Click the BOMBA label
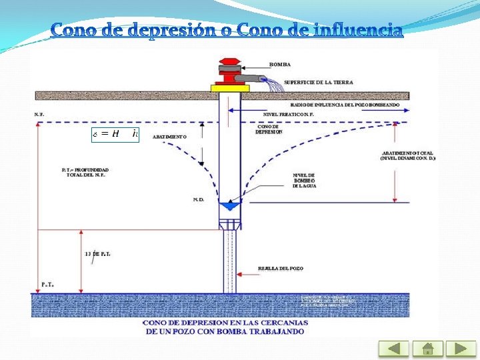point(279,64)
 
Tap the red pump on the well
point(230,73)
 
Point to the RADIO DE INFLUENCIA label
point(345,105)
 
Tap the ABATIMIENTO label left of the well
point(169,136)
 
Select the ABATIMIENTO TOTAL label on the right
point(407,155)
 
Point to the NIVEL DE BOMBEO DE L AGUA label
point(303,180)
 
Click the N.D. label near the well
point(199,199)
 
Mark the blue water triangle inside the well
point(231,206)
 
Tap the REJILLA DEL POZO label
point(280,268)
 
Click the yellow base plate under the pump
point(230,87)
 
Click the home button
point(427,349)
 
